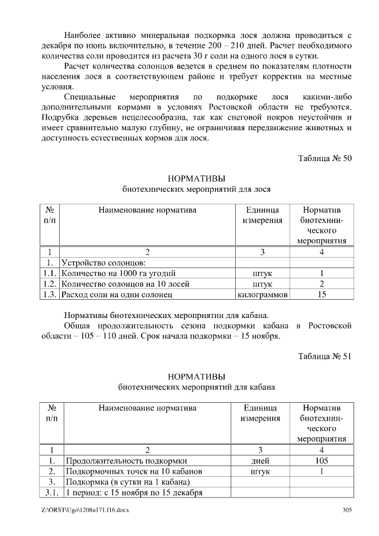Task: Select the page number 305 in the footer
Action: click(348, 511)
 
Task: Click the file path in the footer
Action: click(81, 511)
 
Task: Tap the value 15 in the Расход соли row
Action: click(322, 294)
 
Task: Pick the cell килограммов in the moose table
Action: click(262, 294)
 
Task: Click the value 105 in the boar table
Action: click(322, 461)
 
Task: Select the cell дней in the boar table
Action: click(261, 461)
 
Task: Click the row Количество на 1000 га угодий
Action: click(118, 273)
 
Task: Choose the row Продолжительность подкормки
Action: click(126, 461)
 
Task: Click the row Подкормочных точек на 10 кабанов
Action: click(134, 471)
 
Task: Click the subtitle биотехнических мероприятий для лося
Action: click(197, 190)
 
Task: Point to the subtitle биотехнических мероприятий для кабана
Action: click(197, 387)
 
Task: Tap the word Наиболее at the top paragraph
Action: click(85, 36)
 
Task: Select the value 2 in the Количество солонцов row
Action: click(322, 284)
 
